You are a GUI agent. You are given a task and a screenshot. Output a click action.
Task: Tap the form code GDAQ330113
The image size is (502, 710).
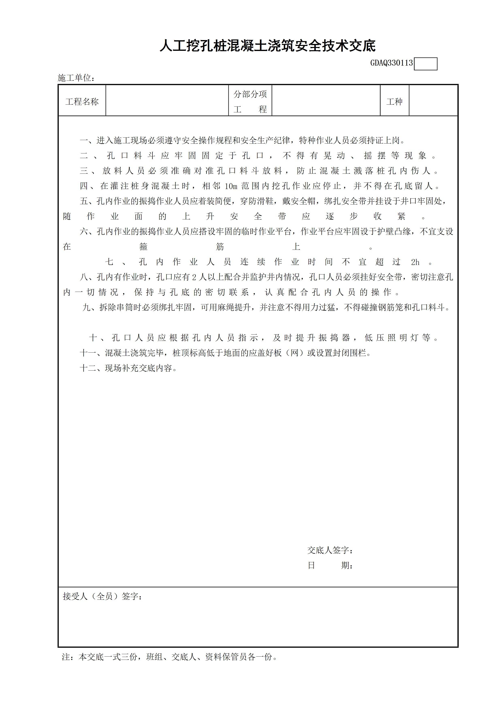391,63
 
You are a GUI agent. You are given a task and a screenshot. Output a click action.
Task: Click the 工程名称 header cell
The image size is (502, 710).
82,101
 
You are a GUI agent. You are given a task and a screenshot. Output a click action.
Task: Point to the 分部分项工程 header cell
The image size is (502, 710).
250,101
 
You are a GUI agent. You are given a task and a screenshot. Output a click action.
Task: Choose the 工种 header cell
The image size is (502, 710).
394,101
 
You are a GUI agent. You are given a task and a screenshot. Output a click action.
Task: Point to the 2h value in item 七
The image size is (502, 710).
415,262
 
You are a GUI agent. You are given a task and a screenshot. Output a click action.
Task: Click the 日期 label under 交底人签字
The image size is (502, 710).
330,565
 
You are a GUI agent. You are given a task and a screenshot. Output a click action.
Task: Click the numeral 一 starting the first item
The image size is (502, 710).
84,141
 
